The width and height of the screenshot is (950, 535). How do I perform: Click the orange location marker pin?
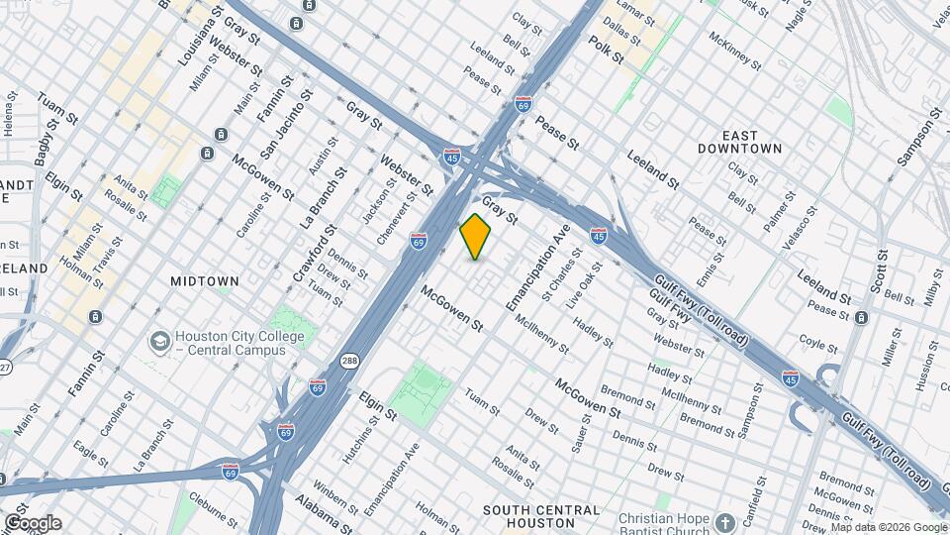point(476,236)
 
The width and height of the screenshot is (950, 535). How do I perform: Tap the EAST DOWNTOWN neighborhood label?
point(753,142)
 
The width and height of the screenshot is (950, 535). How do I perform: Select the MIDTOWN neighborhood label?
point(205,281)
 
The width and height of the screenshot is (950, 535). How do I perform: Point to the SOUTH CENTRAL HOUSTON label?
point(541,516)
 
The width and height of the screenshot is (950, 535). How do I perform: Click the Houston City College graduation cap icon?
point(158,342)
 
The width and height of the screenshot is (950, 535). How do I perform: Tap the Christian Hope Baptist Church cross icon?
point(725,523)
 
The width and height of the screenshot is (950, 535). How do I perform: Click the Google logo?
point(32,523)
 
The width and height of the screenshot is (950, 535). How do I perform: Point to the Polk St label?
point(606,51)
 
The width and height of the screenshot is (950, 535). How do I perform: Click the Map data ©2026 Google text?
point(888,527)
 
